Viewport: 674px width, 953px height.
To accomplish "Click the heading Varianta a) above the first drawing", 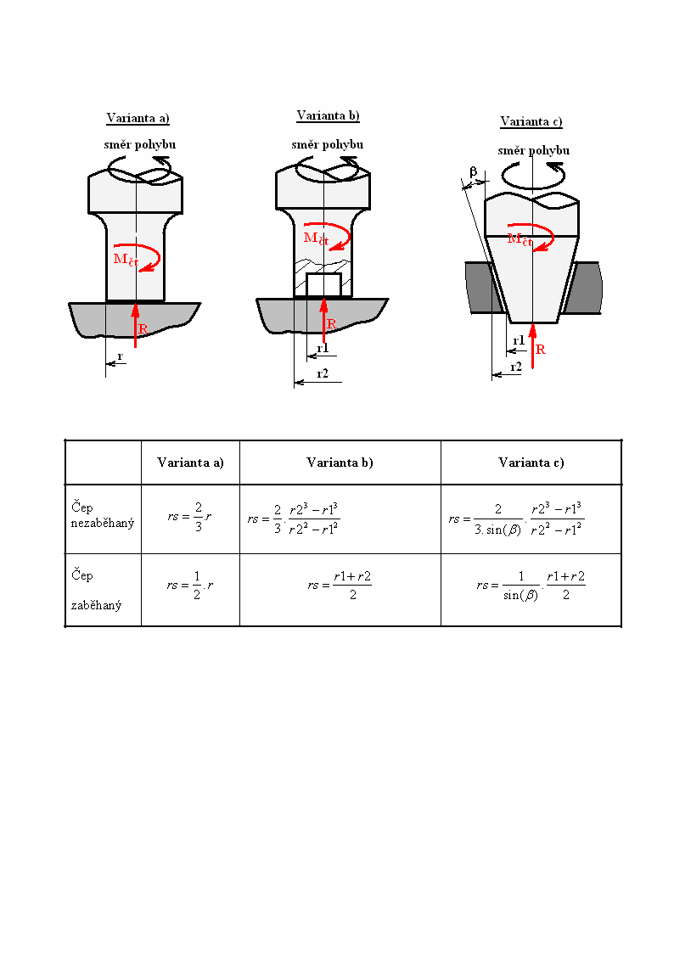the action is coord(138,118).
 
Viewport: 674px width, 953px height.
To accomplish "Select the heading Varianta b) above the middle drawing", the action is coord(329,115).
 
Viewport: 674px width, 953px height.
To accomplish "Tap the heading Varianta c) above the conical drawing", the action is coord(531,121).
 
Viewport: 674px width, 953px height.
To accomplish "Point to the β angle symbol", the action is coord(474,172).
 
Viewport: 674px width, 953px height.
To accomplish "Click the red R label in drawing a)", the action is coord(143,328).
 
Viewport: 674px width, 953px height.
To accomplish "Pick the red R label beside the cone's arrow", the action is coord(540,350).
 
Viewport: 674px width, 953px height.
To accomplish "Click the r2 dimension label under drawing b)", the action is coord(323,373).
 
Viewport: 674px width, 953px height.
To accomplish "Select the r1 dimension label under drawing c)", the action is coord(519,340).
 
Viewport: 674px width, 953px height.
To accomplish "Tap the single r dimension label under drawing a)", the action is coord(121,356).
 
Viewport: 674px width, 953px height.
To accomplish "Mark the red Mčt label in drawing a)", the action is coord(126,260).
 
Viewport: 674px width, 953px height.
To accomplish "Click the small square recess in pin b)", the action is coord(324,285).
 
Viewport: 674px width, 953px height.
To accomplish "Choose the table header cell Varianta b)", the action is coord(340,462).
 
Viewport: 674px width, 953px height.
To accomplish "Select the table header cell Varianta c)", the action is coord(531,462).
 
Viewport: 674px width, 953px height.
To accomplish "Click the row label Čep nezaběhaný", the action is coord(102,515).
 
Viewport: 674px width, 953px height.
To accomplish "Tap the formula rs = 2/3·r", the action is coord(189,517).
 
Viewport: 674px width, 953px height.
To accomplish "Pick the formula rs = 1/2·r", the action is coord(190,586).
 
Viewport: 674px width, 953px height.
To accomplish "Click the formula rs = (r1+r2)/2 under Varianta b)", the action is coord(340,586).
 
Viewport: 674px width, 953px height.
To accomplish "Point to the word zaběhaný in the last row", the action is coord(96,605).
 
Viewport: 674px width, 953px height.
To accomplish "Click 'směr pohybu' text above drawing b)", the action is coord(328,144).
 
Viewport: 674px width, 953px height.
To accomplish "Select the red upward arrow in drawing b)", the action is coord(324,320).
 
